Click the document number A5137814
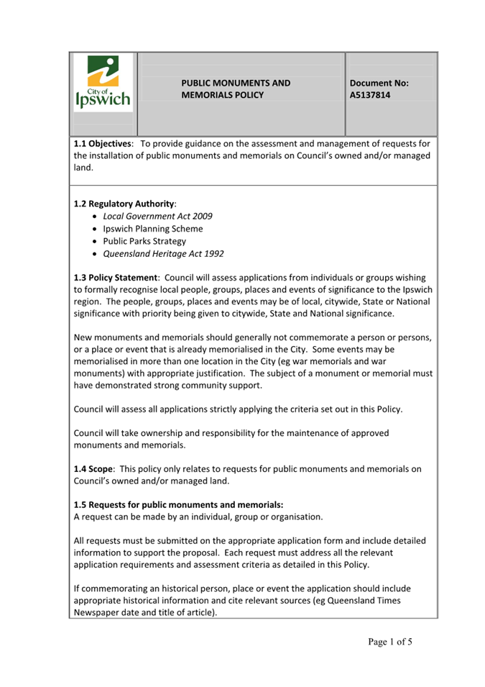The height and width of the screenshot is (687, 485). click(x=371, y=95)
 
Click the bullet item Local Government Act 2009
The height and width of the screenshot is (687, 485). click(x=157, y=216)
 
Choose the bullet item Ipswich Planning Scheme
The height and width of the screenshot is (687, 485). click(x=152, y=229)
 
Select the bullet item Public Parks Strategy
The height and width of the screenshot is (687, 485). click(x=144, y=242)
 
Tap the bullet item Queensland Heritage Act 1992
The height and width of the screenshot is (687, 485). click(x=162, y=254)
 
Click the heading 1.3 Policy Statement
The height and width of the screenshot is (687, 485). click(x=116, y=277)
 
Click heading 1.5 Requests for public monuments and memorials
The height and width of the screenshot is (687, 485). click(x=178, y=505)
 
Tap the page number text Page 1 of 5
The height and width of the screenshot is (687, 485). click(x=388, y=642)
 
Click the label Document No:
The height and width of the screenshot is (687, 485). click(x=379, y=83)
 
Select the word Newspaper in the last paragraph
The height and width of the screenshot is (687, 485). click(x=97, y=612)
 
